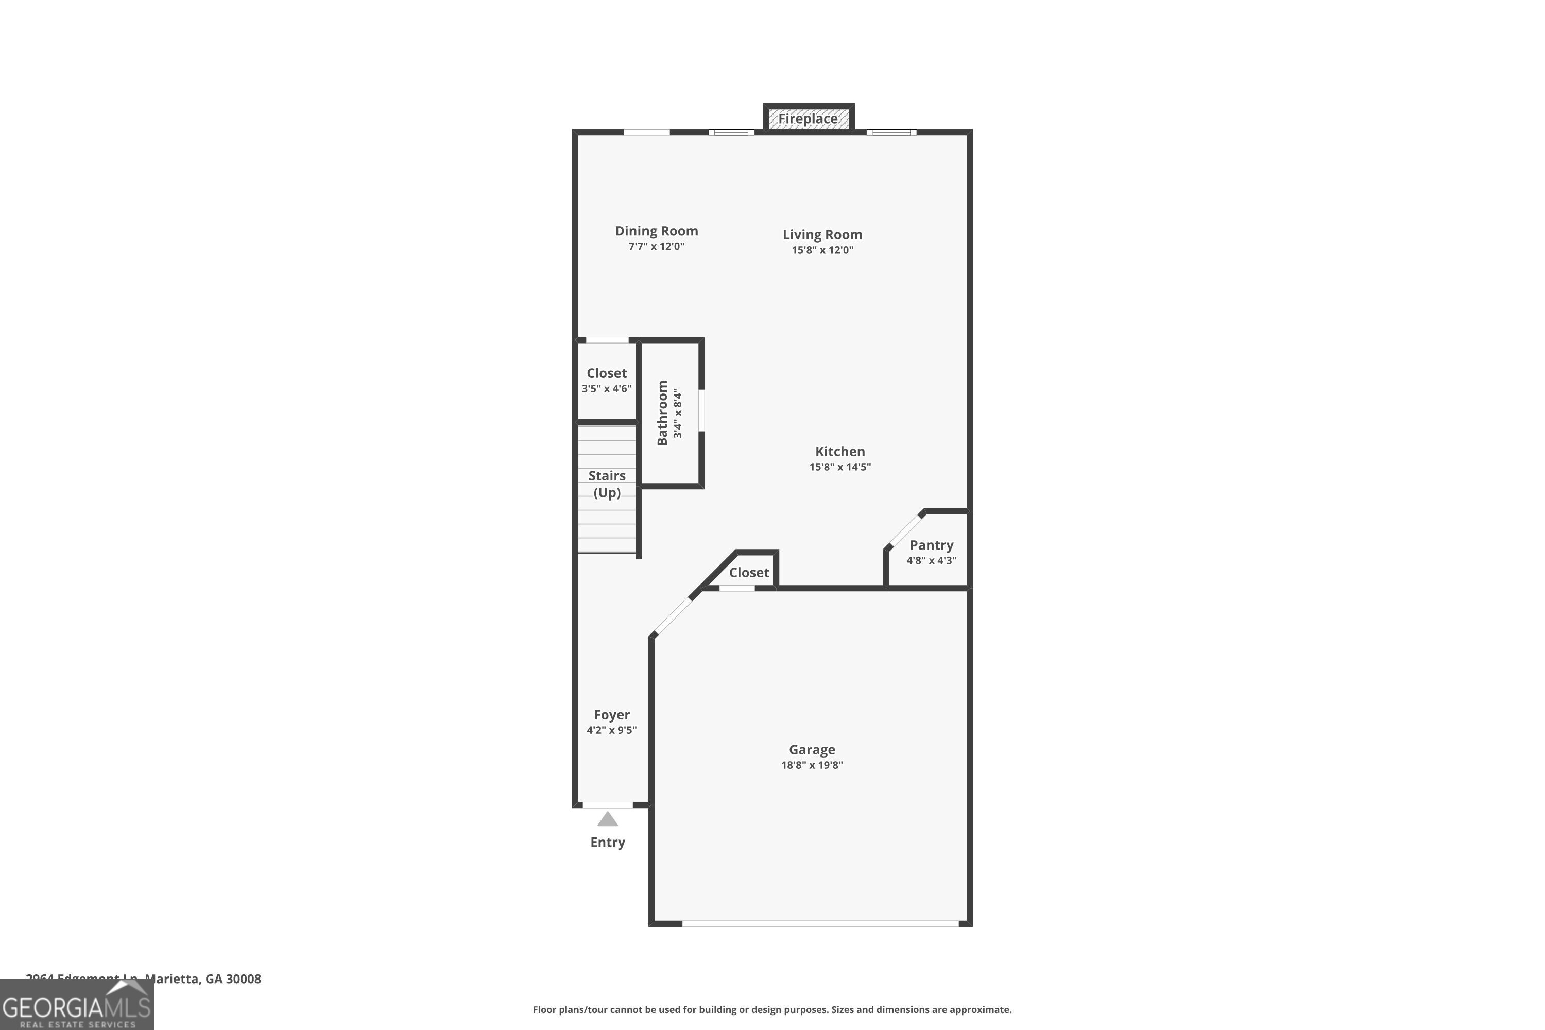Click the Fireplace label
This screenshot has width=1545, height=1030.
pyautogui.click(x=808, y=119)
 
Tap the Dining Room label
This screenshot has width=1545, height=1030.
pyautogui.click(x=656, y=231)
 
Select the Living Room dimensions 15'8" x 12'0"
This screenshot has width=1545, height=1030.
pyautogui.click(x=822, y=250)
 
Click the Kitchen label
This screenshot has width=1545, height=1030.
pyautogui.click(x=839, y=451)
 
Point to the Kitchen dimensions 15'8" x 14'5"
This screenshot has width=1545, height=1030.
pyautogui.click(x=839, y=467)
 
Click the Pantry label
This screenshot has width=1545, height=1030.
pyautogui.click(x=931, y=545)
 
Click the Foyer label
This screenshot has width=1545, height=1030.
pyautogui.click(x=612, y=715)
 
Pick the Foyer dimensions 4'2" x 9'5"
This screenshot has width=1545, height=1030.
pyautogui.click(x=612, y=730)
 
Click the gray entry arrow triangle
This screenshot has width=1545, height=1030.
pyautogui.click(x=608, y=819)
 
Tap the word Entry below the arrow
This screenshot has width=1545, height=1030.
pyautogui.click(x=608, y=842)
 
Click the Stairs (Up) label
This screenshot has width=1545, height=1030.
pyautogui.click(x=607, y=484)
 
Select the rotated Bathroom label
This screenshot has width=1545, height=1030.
pyautogui.click(x=663, y=413)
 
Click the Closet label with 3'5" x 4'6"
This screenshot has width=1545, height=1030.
pyautogui.click(x=606, y=373)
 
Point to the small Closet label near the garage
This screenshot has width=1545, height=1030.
pyautogui.click(x=749, y=573)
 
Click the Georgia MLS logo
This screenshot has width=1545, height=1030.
pyautogui.click(x=77, y=1005)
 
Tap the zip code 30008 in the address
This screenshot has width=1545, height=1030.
pyautogui.click(x=243, y=979)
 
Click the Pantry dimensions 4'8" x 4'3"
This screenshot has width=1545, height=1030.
pyautogui.click(x=931, y=561)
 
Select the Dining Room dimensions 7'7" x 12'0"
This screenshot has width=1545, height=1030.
pyautogui.click(x=656, y=246)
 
